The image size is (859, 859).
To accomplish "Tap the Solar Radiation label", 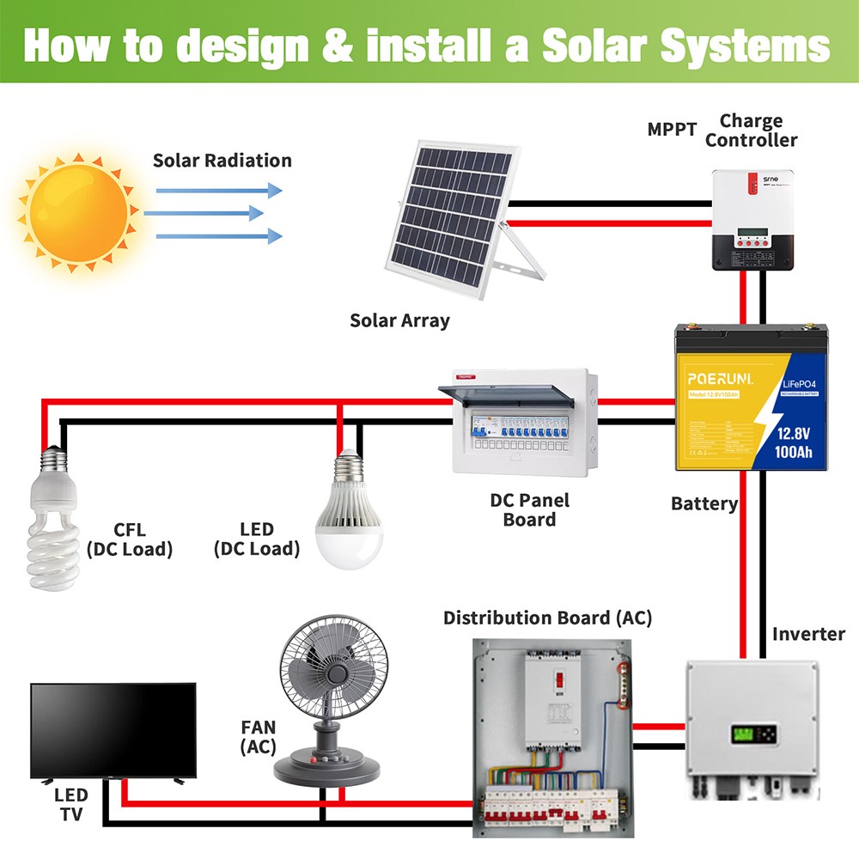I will coord(222,161).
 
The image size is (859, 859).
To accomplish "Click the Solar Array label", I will coord(399,320).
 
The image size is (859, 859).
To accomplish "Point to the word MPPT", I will coord(672,130).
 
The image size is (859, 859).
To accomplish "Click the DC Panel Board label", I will coord(529,509).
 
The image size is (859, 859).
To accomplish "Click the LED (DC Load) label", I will coord(257,539).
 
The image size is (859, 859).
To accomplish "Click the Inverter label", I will coord(808,634).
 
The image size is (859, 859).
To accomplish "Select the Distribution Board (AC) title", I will coord(547,618).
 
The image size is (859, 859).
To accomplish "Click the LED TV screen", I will coord(113,728).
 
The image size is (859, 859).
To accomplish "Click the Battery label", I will coord(704,503).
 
